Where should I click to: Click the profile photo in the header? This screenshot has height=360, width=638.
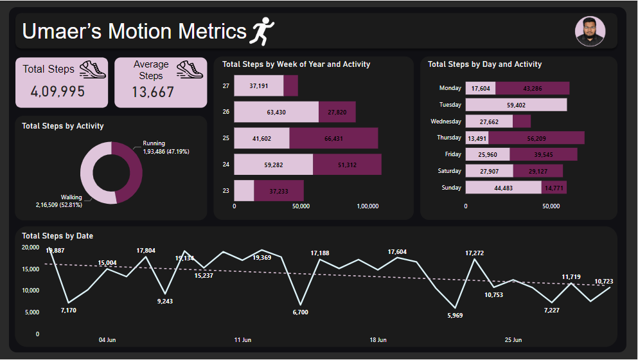click(590, 31)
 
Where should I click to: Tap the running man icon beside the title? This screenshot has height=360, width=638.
click(261, 31)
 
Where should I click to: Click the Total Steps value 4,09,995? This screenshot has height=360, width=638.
click(58, 92)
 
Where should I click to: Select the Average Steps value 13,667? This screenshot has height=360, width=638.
click(153, 92)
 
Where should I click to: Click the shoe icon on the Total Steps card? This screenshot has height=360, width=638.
click(93, 69)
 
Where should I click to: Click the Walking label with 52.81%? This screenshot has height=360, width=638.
click(63, 201)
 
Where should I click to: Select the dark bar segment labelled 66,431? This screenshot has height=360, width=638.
click(333, 138)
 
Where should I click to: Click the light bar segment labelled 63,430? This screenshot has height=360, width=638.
click(276, 112)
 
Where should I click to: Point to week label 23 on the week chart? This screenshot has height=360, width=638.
click(226, 191)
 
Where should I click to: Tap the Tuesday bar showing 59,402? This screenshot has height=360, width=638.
click(516, 105)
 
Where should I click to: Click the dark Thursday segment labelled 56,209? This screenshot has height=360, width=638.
click(536, 138)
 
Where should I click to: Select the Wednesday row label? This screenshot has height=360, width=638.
click(446, 122)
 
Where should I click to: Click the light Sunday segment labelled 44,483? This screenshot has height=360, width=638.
click(503, 188)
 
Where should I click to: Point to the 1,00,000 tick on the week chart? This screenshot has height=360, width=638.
click(368, 206)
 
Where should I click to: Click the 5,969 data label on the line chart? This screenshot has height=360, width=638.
click(455, 315)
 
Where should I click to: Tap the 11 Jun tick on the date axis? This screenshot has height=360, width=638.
click(243, 339)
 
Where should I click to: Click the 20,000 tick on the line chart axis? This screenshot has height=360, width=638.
click(30, 248)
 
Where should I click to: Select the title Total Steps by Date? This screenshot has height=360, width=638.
click(57, 236)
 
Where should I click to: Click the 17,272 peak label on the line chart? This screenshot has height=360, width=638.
click(474, 253)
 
